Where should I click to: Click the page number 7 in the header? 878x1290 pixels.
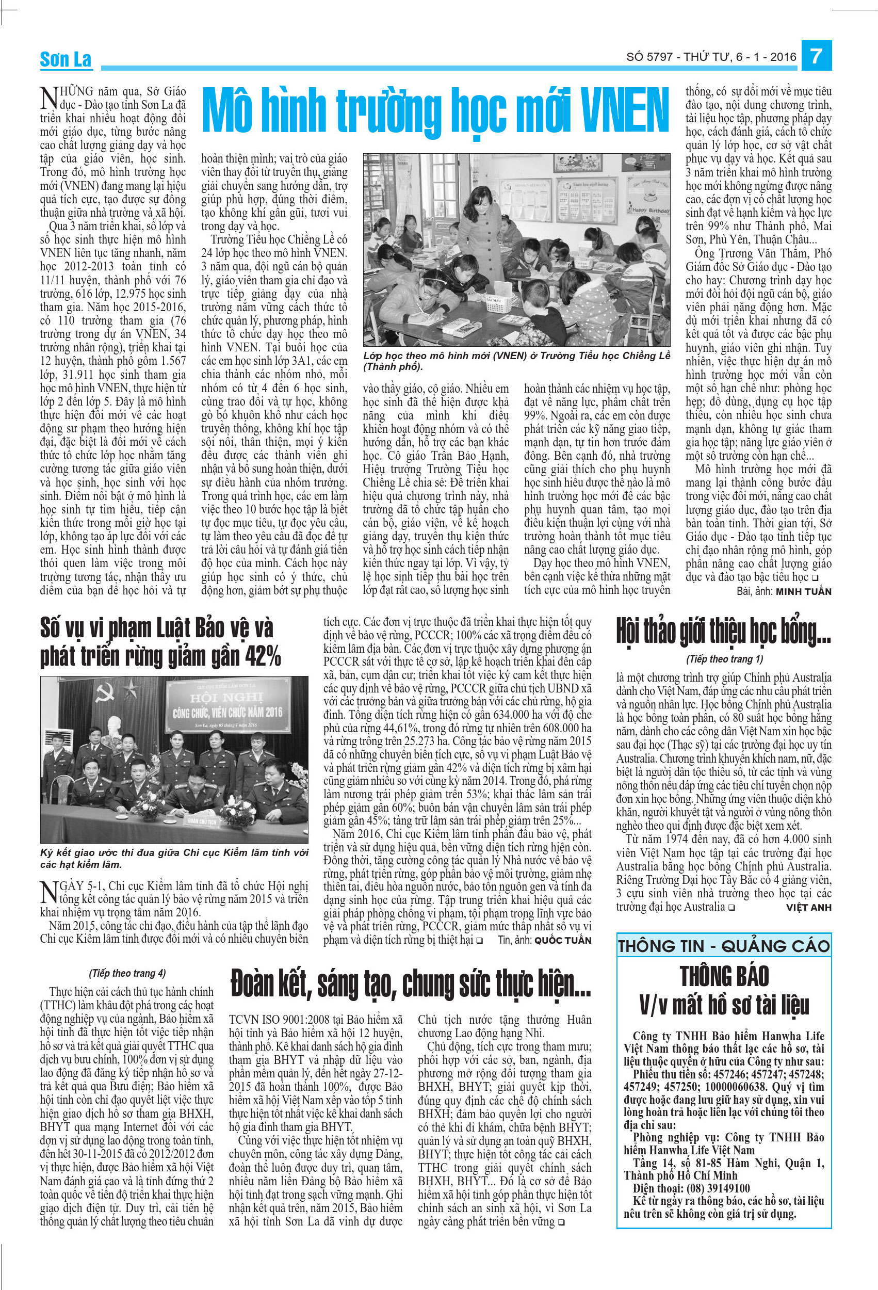pos(816,57)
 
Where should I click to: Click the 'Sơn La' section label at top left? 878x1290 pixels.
pos(66,59)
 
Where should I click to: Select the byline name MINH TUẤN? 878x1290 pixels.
pos(803,592)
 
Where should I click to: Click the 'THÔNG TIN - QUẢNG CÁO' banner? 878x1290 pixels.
pos(724,946)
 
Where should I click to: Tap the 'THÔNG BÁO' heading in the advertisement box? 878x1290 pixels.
pos(724,976)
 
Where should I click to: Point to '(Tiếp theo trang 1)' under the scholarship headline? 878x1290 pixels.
pos(724,659)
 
